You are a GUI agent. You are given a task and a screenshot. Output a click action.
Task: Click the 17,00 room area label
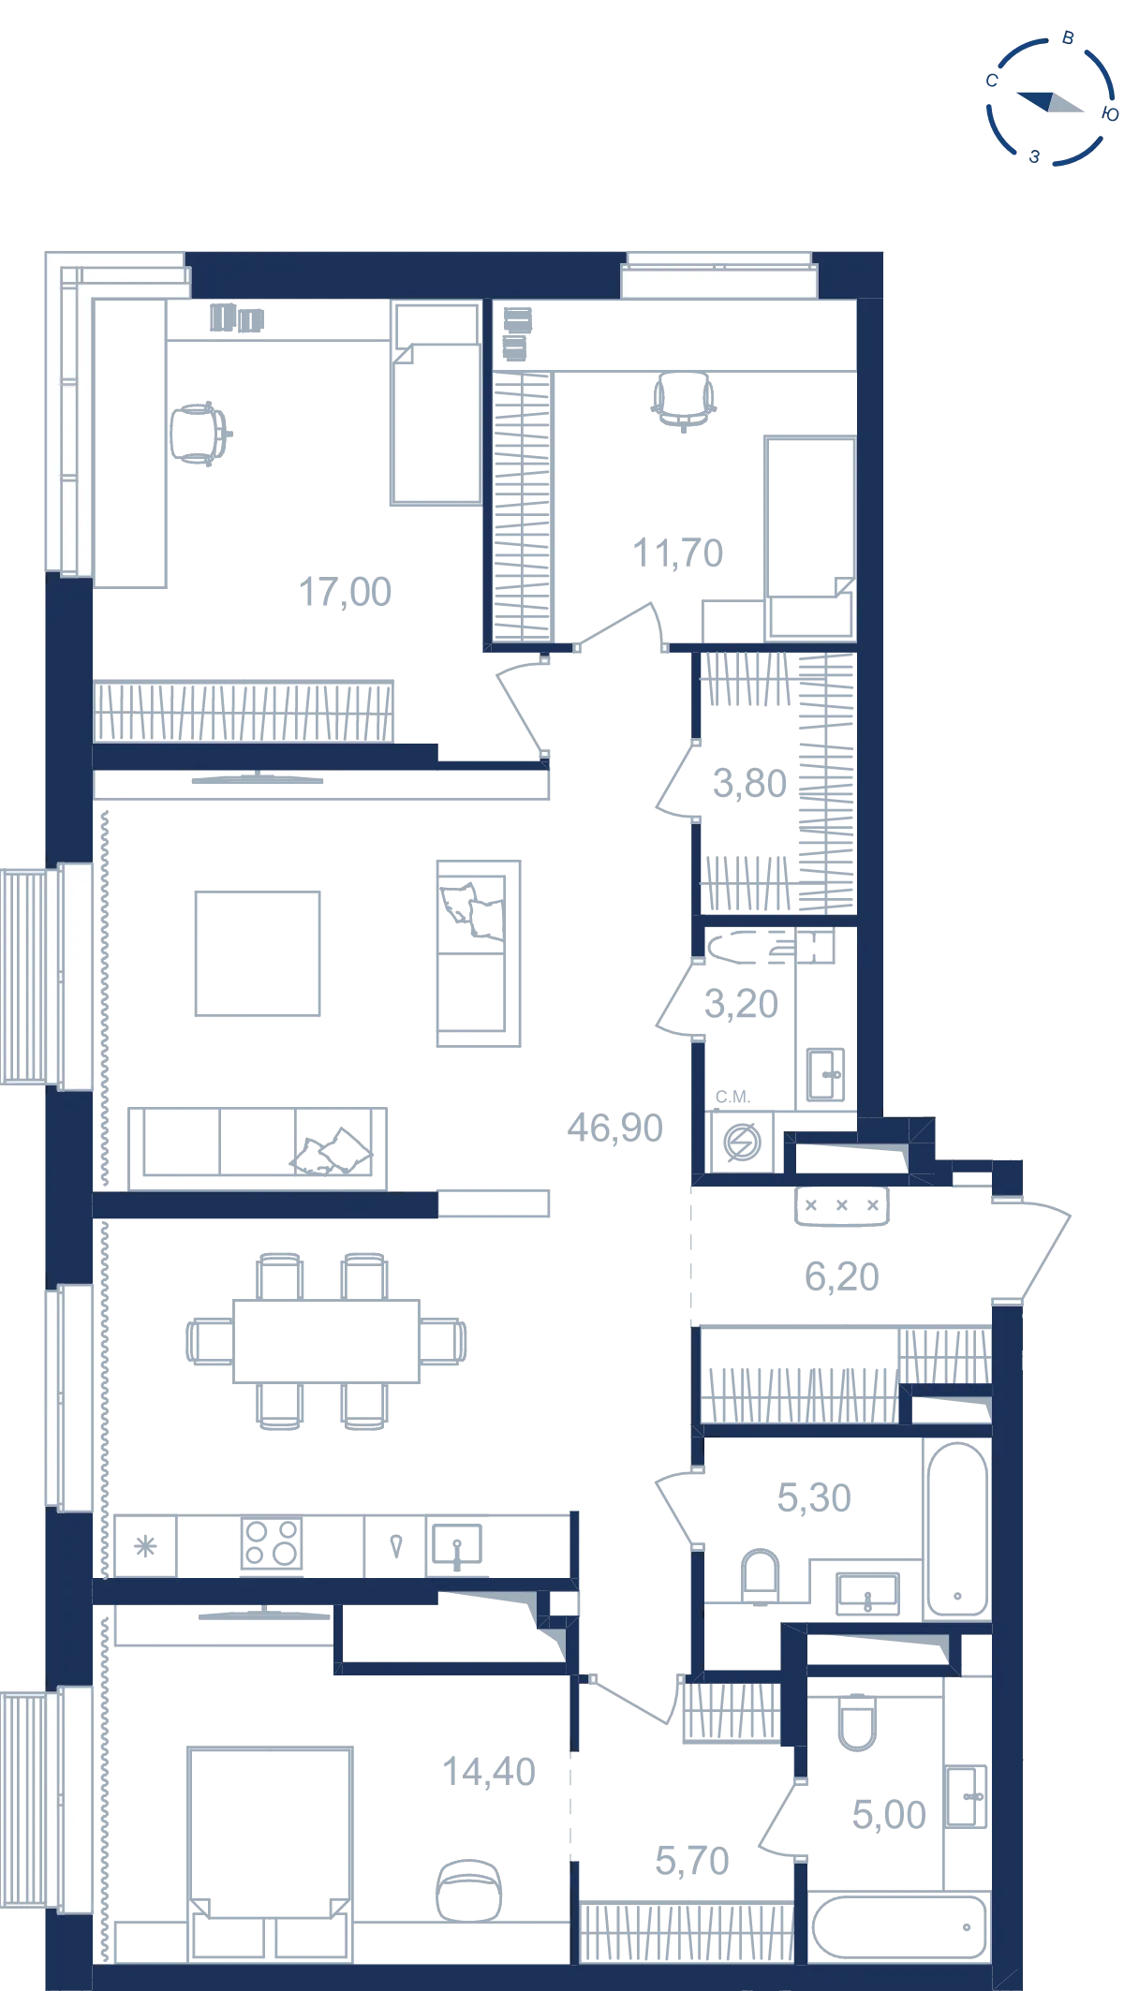pos(345,592)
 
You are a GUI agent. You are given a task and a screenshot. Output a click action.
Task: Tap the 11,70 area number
pos(678,553)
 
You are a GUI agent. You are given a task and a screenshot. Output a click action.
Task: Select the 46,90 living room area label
pos(614,1128)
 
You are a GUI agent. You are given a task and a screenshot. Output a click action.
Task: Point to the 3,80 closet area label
pos(749,783)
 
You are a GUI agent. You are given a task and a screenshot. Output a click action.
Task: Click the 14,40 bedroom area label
pos(488,1772)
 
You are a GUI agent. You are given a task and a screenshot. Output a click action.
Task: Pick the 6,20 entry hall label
pos(841,1276)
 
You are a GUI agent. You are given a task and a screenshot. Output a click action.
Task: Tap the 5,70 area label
pos(691,1861)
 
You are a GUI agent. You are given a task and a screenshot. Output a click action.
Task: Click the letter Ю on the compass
pos(1110,114)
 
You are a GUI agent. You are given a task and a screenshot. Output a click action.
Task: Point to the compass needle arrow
pos(1050,101)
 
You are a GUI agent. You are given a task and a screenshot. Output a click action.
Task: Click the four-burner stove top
pos(272,1542)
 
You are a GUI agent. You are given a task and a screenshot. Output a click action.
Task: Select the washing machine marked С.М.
pos(742,1142)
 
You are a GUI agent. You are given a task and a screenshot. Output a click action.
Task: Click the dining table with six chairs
pos(326,1341)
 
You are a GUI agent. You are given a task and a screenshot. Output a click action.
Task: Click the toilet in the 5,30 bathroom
pos(760,1576)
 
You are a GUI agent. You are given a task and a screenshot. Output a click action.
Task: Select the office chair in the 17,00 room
pos(200,434)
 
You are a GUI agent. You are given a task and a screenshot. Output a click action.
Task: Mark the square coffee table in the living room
pos(258,953)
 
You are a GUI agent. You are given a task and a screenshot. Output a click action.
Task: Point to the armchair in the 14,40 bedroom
pos(468,1890)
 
